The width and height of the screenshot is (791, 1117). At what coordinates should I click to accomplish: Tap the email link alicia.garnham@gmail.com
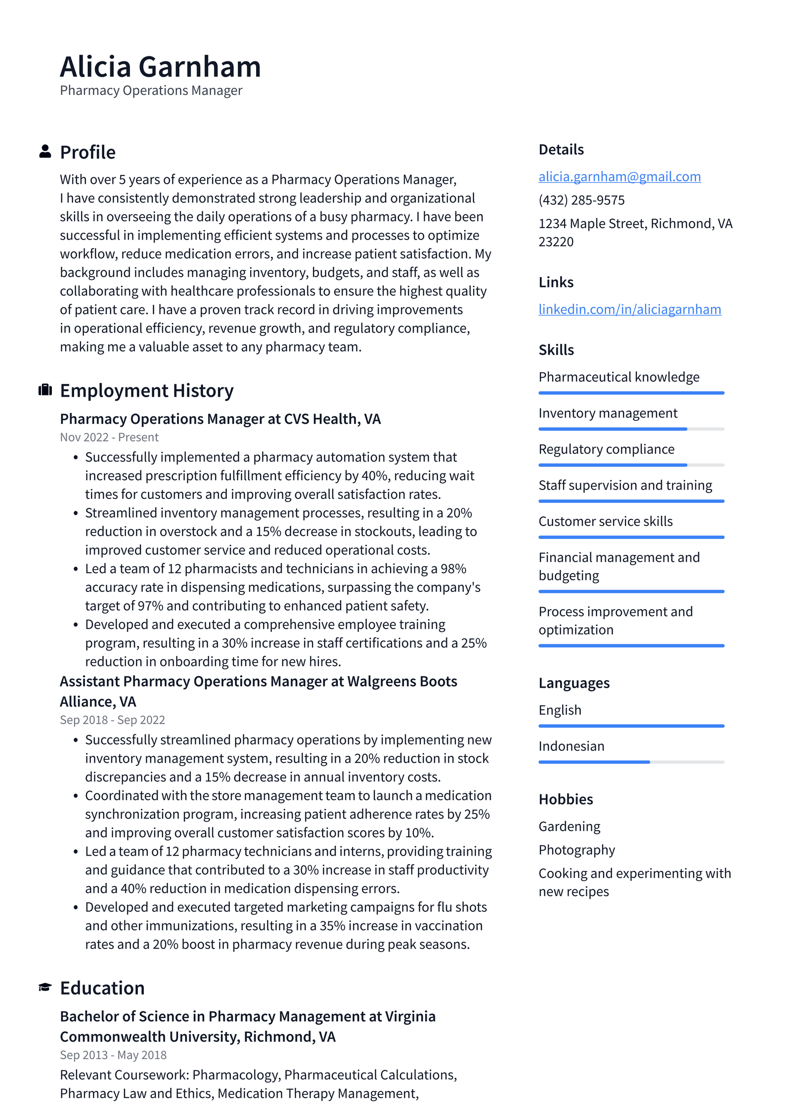coord(619,176)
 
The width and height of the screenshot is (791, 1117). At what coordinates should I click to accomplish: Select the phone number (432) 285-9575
coord(581,200)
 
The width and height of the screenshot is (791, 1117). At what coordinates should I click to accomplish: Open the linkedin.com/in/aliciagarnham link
coord(629,309)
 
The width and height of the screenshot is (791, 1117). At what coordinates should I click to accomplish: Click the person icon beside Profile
coord(45,152)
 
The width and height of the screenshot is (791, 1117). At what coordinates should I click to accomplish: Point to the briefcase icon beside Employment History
coord(45,390)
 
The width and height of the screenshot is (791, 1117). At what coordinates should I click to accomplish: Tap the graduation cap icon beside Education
coord(45,987)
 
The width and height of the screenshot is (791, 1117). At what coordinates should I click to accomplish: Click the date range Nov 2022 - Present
coord(109,437)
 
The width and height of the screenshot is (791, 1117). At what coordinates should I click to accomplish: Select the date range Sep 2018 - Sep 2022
coord(112,720)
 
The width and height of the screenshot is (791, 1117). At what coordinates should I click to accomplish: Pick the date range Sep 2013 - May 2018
coord(113,1055)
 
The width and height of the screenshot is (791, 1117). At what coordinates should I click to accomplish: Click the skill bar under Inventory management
coord(631,429)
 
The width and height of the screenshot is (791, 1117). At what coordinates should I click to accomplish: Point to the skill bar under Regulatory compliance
coord(631,465)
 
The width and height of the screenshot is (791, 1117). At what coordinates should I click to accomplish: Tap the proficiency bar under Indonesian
coord(631,762)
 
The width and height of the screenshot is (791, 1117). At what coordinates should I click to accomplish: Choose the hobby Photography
coord(576,850)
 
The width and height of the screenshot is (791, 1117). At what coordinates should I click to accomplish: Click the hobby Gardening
coord(569,826)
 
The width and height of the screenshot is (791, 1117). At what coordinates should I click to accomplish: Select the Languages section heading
coord(573,683)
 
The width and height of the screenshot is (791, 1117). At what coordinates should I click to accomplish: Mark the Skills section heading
coord(556,350)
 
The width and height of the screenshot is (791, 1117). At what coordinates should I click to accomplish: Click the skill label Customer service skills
coord(605,521)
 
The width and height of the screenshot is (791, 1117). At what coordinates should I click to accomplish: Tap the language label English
coord(560,710)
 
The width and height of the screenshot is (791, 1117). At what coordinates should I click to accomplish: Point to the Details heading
coord(561,149)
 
